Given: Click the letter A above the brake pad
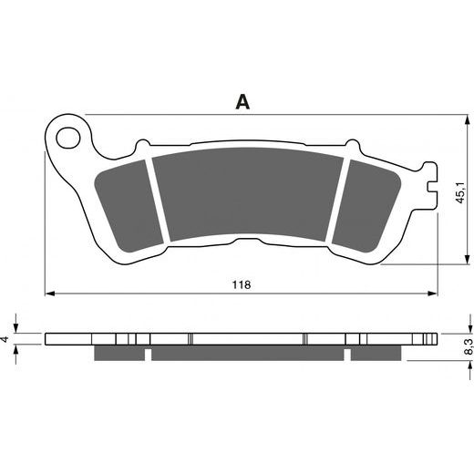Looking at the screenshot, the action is pyautogui.click(x=242, y=101).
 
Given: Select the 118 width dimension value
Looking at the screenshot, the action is pyautogui.click(x=242, y=284).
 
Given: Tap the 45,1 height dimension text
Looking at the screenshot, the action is pyautogui.click(x=459, y=192).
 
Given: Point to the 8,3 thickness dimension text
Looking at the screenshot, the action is pyautogui.click(x=469, y=346).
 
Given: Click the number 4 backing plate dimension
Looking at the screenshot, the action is pyautogui.click(x=5, y=339).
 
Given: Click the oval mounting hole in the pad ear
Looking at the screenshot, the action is pyautogui.click(x=68, y=138).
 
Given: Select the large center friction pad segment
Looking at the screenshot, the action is pyautogui.click(x=248, y=194).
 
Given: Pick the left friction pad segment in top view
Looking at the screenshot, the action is pyautogui.click(x=128, y=207).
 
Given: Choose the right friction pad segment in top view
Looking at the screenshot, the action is pyautogui.click(x=366, y=207).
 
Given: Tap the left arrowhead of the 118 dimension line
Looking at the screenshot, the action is pyautogui.click(x=50, y=294).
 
